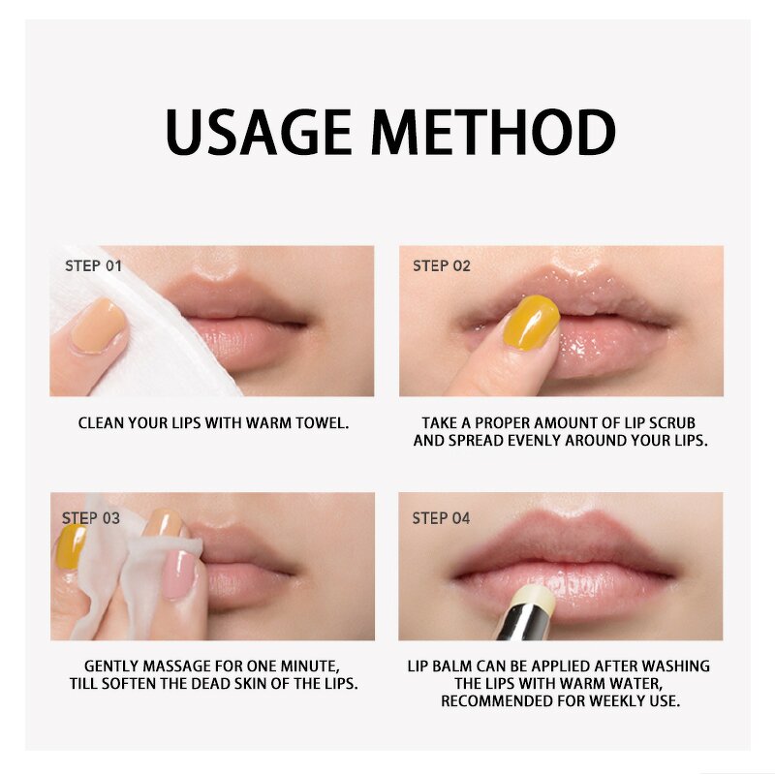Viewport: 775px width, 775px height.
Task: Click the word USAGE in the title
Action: pos(258,133)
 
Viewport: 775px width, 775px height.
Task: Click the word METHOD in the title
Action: pos(494,133)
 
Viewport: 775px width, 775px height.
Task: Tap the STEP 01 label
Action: pos(93,265)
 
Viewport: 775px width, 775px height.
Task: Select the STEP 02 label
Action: pos(442,265)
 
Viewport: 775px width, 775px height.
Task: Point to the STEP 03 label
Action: pos(91,518)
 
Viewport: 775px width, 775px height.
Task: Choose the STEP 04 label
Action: pos(441,518)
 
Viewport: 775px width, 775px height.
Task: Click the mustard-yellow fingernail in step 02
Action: pos(531,323)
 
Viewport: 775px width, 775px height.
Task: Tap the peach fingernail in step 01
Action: pos(98,325)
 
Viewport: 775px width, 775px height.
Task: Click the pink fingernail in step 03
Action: pos(180,574)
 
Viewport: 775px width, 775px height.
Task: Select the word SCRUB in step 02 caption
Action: pos(671,423)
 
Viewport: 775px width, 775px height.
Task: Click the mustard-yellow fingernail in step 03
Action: pos(71,546)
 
